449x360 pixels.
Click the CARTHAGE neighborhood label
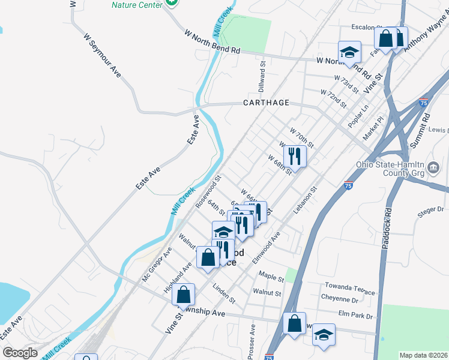tap(266, 103)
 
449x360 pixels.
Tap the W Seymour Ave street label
tap(102, 55)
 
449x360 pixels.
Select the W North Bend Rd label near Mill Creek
tap(212, 42)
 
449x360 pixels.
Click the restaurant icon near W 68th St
tap(295, 157)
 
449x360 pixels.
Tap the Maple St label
tap(271, 277)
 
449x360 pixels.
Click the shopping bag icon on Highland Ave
tap(184, 295)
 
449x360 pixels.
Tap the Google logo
tap(20, 352)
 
